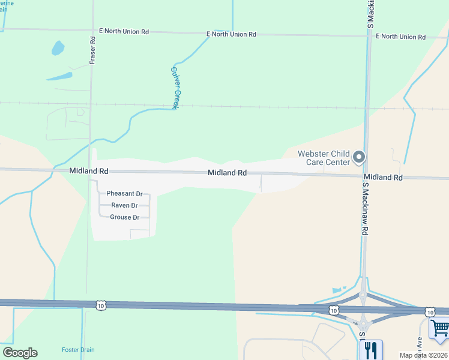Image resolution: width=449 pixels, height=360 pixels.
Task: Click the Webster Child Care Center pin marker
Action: click(359, 157)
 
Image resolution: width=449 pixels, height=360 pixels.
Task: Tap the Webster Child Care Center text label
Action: click(324, 158)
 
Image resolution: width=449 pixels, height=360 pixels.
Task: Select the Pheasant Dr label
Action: click(124, 194)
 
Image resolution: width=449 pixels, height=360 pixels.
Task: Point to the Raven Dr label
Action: click(125, 205)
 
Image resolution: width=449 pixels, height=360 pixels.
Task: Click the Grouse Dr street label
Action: click(125, 217)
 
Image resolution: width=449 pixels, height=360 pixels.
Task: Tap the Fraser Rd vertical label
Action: click(93, 49)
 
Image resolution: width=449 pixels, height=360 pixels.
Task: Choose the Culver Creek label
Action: click(175, 87)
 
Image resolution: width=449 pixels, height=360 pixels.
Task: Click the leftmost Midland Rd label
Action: click(88, 171)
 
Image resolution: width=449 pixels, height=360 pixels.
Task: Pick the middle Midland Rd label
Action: click(228, 173)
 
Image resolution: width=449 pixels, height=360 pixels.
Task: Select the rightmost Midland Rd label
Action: click(382, 178)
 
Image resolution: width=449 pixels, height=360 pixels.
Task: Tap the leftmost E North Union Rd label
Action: click(123, 31)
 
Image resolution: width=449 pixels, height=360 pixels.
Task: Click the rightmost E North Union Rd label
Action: click(400, 37)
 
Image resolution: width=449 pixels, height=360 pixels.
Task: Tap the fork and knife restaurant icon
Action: click(370, 350)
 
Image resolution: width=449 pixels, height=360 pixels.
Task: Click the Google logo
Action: click(20, 353)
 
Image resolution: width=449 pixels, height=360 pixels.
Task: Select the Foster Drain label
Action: click(78, 350)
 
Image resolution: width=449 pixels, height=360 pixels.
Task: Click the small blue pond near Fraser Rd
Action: click(58, 47)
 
